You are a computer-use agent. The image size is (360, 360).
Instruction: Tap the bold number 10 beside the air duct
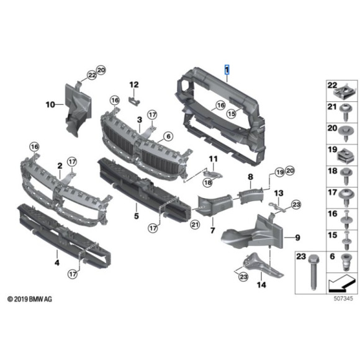(50, 105)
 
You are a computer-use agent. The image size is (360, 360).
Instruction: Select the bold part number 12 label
(134, 84)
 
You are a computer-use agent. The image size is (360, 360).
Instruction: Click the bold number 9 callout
(297, 237)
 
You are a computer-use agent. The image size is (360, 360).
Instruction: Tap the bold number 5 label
(136, 217)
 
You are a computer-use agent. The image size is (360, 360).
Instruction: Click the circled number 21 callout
(195, 225)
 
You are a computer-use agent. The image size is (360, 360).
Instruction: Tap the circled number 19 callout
(279, 171)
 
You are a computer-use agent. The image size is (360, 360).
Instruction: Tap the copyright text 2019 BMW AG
(30, 299)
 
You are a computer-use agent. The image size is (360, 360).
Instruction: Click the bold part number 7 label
(211, 231)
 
